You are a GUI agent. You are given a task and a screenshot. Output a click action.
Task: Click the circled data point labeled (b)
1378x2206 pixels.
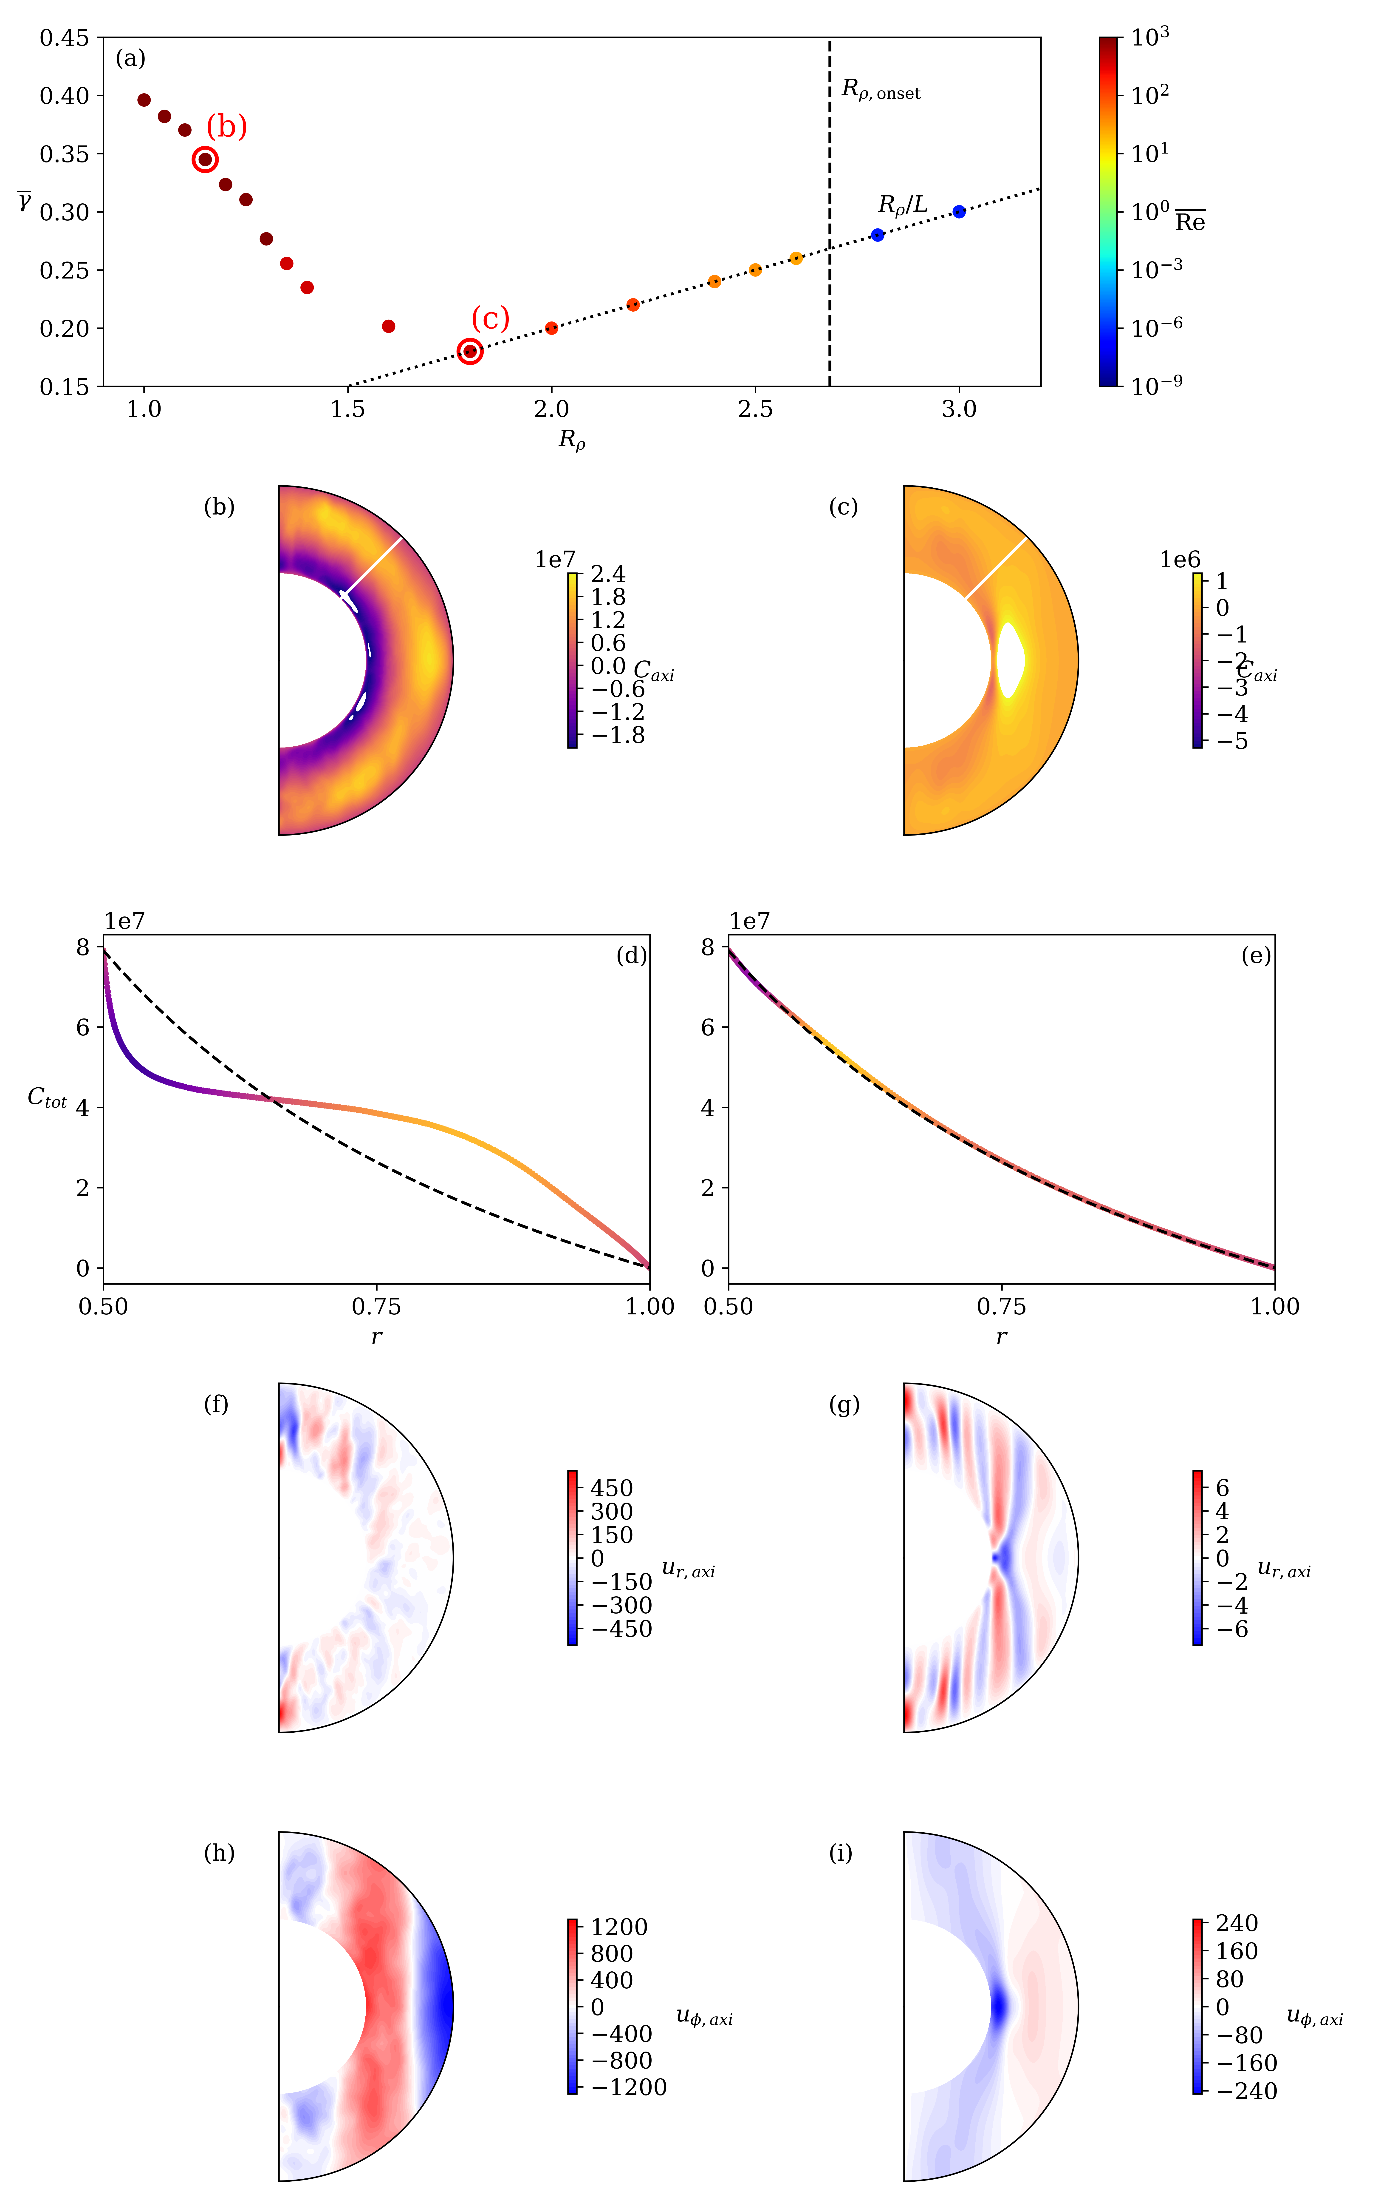tap(205, 159)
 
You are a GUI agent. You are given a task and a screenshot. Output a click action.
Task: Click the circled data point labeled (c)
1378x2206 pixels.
tap(469, 351)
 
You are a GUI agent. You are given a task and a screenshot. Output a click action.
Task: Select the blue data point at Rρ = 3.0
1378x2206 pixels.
tap(959, 211)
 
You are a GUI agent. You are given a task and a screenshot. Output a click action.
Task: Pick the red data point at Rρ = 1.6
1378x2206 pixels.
tap(388, 326)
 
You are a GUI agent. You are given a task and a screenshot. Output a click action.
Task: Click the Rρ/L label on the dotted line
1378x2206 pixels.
tap(902, 205)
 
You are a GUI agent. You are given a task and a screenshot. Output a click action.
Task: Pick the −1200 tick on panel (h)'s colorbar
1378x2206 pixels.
tap(629, 2087)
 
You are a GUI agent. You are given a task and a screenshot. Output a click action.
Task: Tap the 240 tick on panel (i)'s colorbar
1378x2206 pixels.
tap(1237, 1923)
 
